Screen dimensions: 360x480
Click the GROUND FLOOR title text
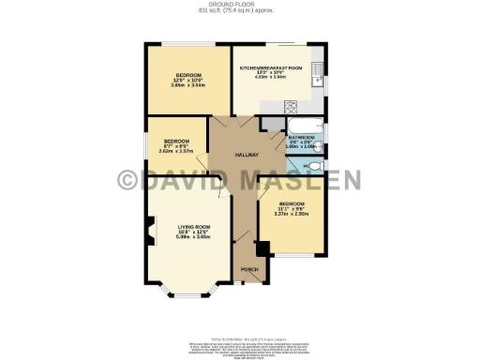click(240, 5)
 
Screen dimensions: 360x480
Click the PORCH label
click(249, 269)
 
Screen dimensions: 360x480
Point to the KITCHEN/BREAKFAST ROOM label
click(270, 68)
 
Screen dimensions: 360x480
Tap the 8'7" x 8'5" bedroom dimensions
click(175, 146)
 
